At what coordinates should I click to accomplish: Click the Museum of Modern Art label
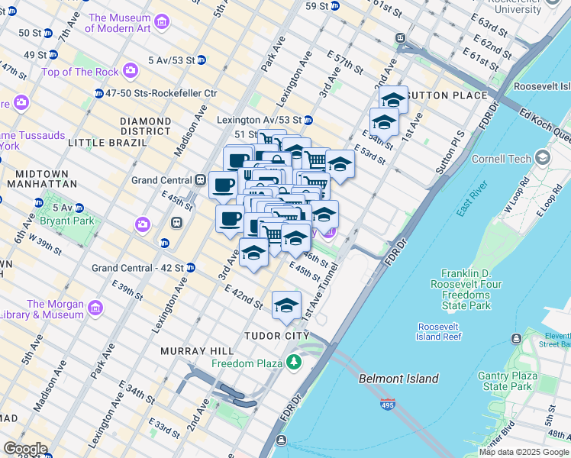[118, 23]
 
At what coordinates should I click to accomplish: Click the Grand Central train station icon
[200, 180]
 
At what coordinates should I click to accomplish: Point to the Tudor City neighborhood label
[276, 336]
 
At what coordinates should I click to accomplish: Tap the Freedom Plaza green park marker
[294, 363]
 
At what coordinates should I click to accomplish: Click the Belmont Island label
[398, 379]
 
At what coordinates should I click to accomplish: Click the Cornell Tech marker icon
[543, 158]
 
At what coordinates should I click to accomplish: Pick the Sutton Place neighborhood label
[447, 95]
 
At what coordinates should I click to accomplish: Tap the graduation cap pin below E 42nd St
[286, 306]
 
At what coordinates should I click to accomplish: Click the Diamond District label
[145, 126]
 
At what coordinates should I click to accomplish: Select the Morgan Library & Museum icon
[95, 308]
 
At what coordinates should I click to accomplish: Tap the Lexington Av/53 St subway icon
[308, 120]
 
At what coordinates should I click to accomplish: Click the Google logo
[25, 449]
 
